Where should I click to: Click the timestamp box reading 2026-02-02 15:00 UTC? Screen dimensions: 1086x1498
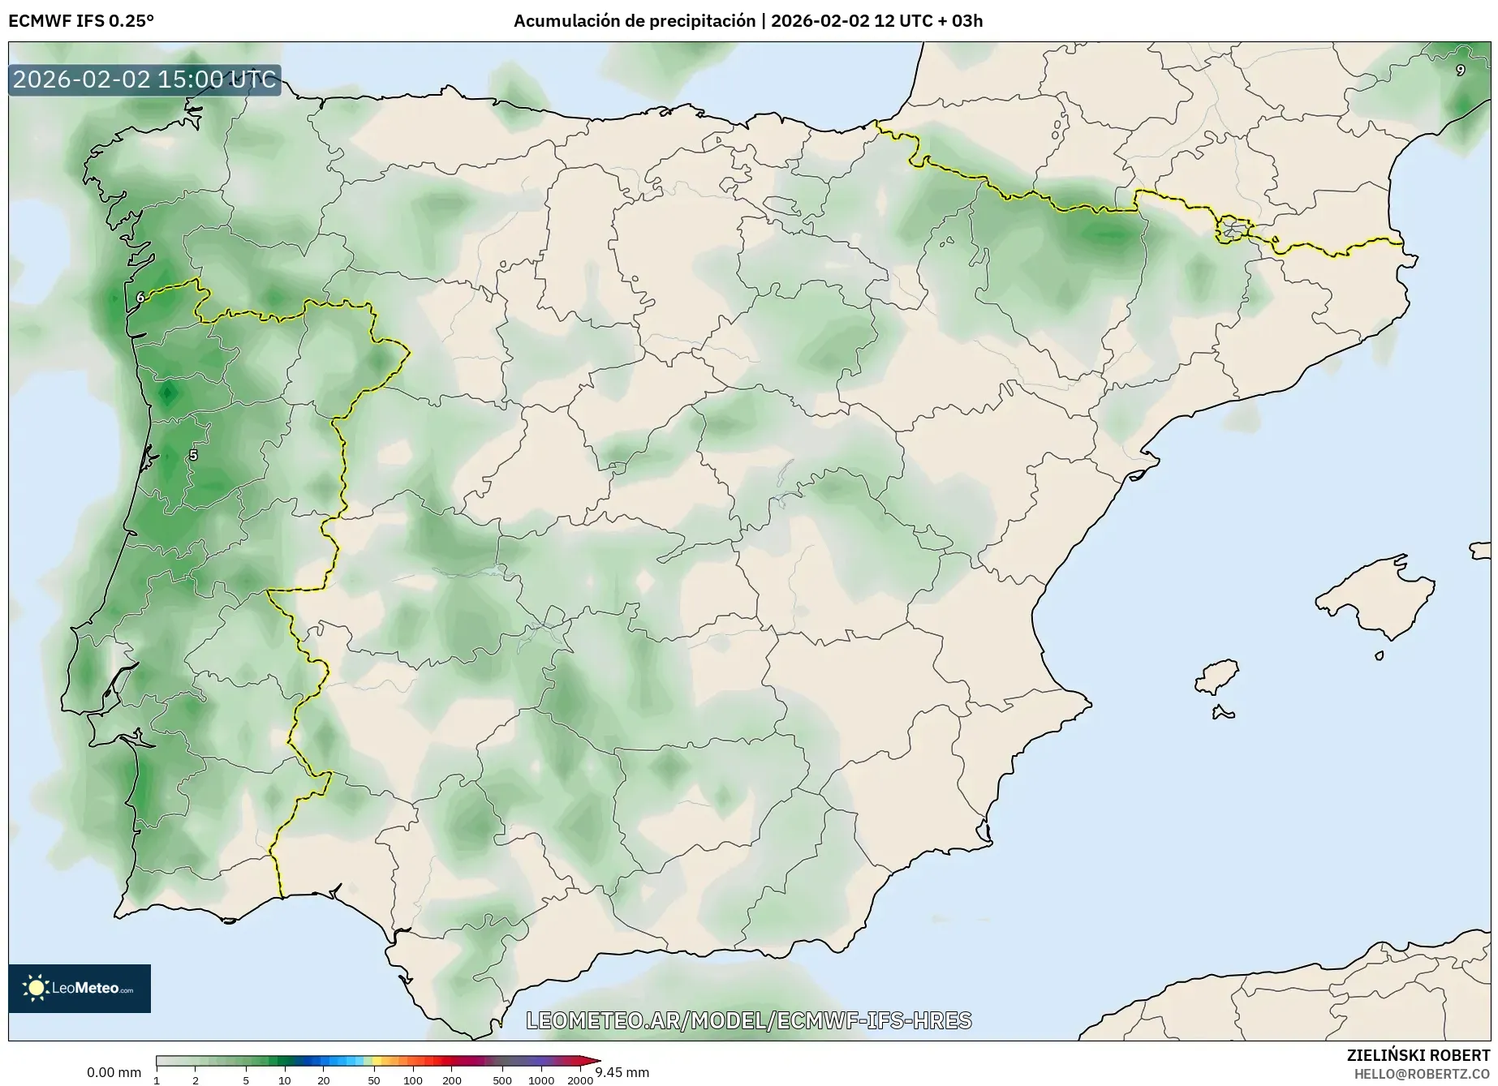(144, 79)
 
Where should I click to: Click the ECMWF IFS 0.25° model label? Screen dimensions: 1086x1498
(80, 21)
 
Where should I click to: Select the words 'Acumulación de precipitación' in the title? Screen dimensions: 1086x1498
(634, 21)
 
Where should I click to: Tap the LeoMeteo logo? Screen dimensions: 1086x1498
(80, 988)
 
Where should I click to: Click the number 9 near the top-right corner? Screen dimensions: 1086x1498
(1460, 71)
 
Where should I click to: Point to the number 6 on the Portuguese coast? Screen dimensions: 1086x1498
(140, 298)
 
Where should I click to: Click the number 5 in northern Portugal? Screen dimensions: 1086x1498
(193, 455)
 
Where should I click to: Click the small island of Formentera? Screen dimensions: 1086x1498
(1223, 714)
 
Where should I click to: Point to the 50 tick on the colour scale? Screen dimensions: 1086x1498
(373, 1080)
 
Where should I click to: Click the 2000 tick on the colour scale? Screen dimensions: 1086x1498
(579, 1080)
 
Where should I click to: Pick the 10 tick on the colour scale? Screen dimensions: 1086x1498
(284, 1080)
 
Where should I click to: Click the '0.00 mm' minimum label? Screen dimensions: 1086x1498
(114, 1072)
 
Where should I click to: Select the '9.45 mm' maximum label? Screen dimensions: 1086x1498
(622, 1072)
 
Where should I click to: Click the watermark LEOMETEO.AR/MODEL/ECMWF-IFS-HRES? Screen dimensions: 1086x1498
(748, 1020)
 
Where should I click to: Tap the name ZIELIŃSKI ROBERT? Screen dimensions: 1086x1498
(1418, 1056)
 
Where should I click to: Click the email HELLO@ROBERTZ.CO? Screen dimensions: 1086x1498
(1422, 1074)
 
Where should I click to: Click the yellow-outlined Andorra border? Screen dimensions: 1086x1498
(1232, 230)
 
